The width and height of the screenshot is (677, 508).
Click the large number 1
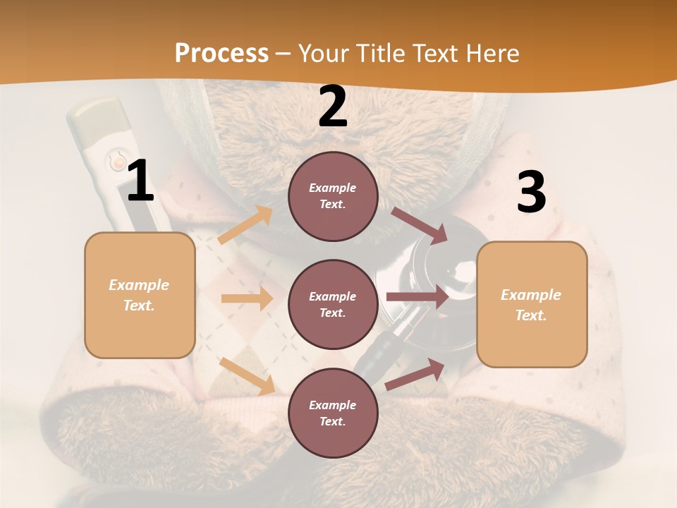pyautogui.click(x=140, y=181)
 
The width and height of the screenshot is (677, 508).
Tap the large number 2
pyautogui.click(x=333, y=107)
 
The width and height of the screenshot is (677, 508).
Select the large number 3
pyautogui.click(x=531, y=193)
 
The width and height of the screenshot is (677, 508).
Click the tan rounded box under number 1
pyautogui.click(x=140, y=295)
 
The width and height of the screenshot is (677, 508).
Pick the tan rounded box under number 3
pyautogui.click(x=532, y=304)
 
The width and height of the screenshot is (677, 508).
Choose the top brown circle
pyautogui.click(x=333, y=196)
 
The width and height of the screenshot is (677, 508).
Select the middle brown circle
pyautogui.click(x=333, y=304)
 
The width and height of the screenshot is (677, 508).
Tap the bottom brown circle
pyautogui.click(x=333, y=413)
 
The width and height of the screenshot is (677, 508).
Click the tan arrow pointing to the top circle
pyautogui.click(x=245, y=225)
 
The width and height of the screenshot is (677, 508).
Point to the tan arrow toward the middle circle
pyautogui.click(x=247, y=298)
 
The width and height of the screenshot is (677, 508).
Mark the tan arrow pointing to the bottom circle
pyautogui.click(x=247, y=375)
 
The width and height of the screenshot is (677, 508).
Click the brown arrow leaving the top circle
pyautogui.click(x=420, y=225)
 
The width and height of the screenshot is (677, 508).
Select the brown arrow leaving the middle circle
pyautogui.click(x=417, y=297)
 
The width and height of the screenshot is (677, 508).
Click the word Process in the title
pyautogui.click(x=221, y=53)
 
